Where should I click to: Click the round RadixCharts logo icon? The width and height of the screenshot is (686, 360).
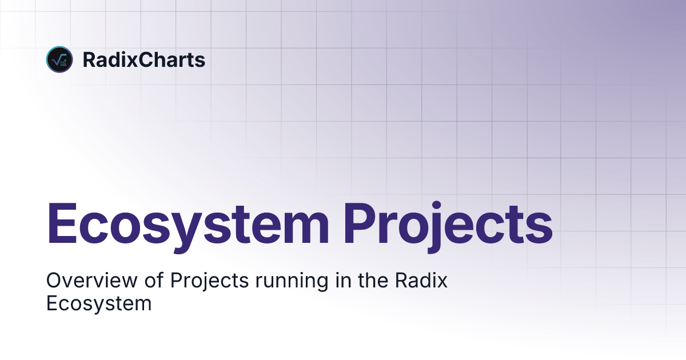[x=59, y=59]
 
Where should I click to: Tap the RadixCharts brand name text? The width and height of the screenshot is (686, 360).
[x=143, y=59]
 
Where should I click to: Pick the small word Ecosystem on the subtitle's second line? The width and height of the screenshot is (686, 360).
[x=98, y=303]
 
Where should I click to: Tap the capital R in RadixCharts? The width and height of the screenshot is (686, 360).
[x=89, y=59]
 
